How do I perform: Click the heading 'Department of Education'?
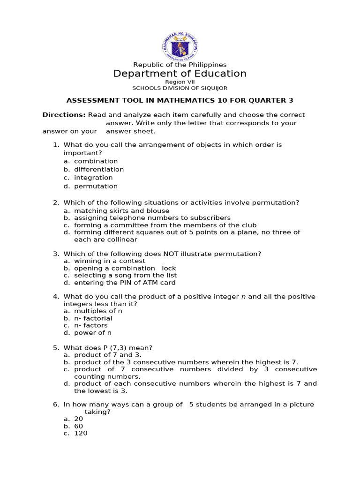[x=180, y=74]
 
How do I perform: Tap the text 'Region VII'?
[x=180, y=82]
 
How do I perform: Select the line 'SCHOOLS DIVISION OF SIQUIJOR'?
[x=180, y=88]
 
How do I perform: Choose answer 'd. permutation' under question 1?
[x=96, y=186]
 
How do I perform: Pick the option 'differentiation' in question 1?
[x=99, y=169]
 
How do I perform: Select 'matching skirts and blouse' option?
[x=121, y=211]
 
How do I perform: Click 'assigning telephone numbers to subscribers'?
[x=152, y=218]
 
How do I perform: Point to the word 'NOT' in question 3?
[x=172, y=254]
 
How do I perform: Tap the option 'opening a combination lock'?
[x=125, y=268]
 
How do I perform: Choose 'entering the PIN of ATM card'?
[x=125, y=283]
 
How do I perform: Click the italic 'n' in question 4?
[x=243, y=297]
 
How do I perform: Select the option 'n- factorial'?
[x=93, y=318]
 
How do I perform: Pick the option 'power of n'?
[x=93, y=333]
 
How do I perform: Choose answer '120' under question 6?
[x=81, y=434]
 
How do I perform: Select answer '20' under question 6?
[x=78, y=419]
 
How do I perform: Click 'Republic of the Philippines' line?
[x=180, y=65]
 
